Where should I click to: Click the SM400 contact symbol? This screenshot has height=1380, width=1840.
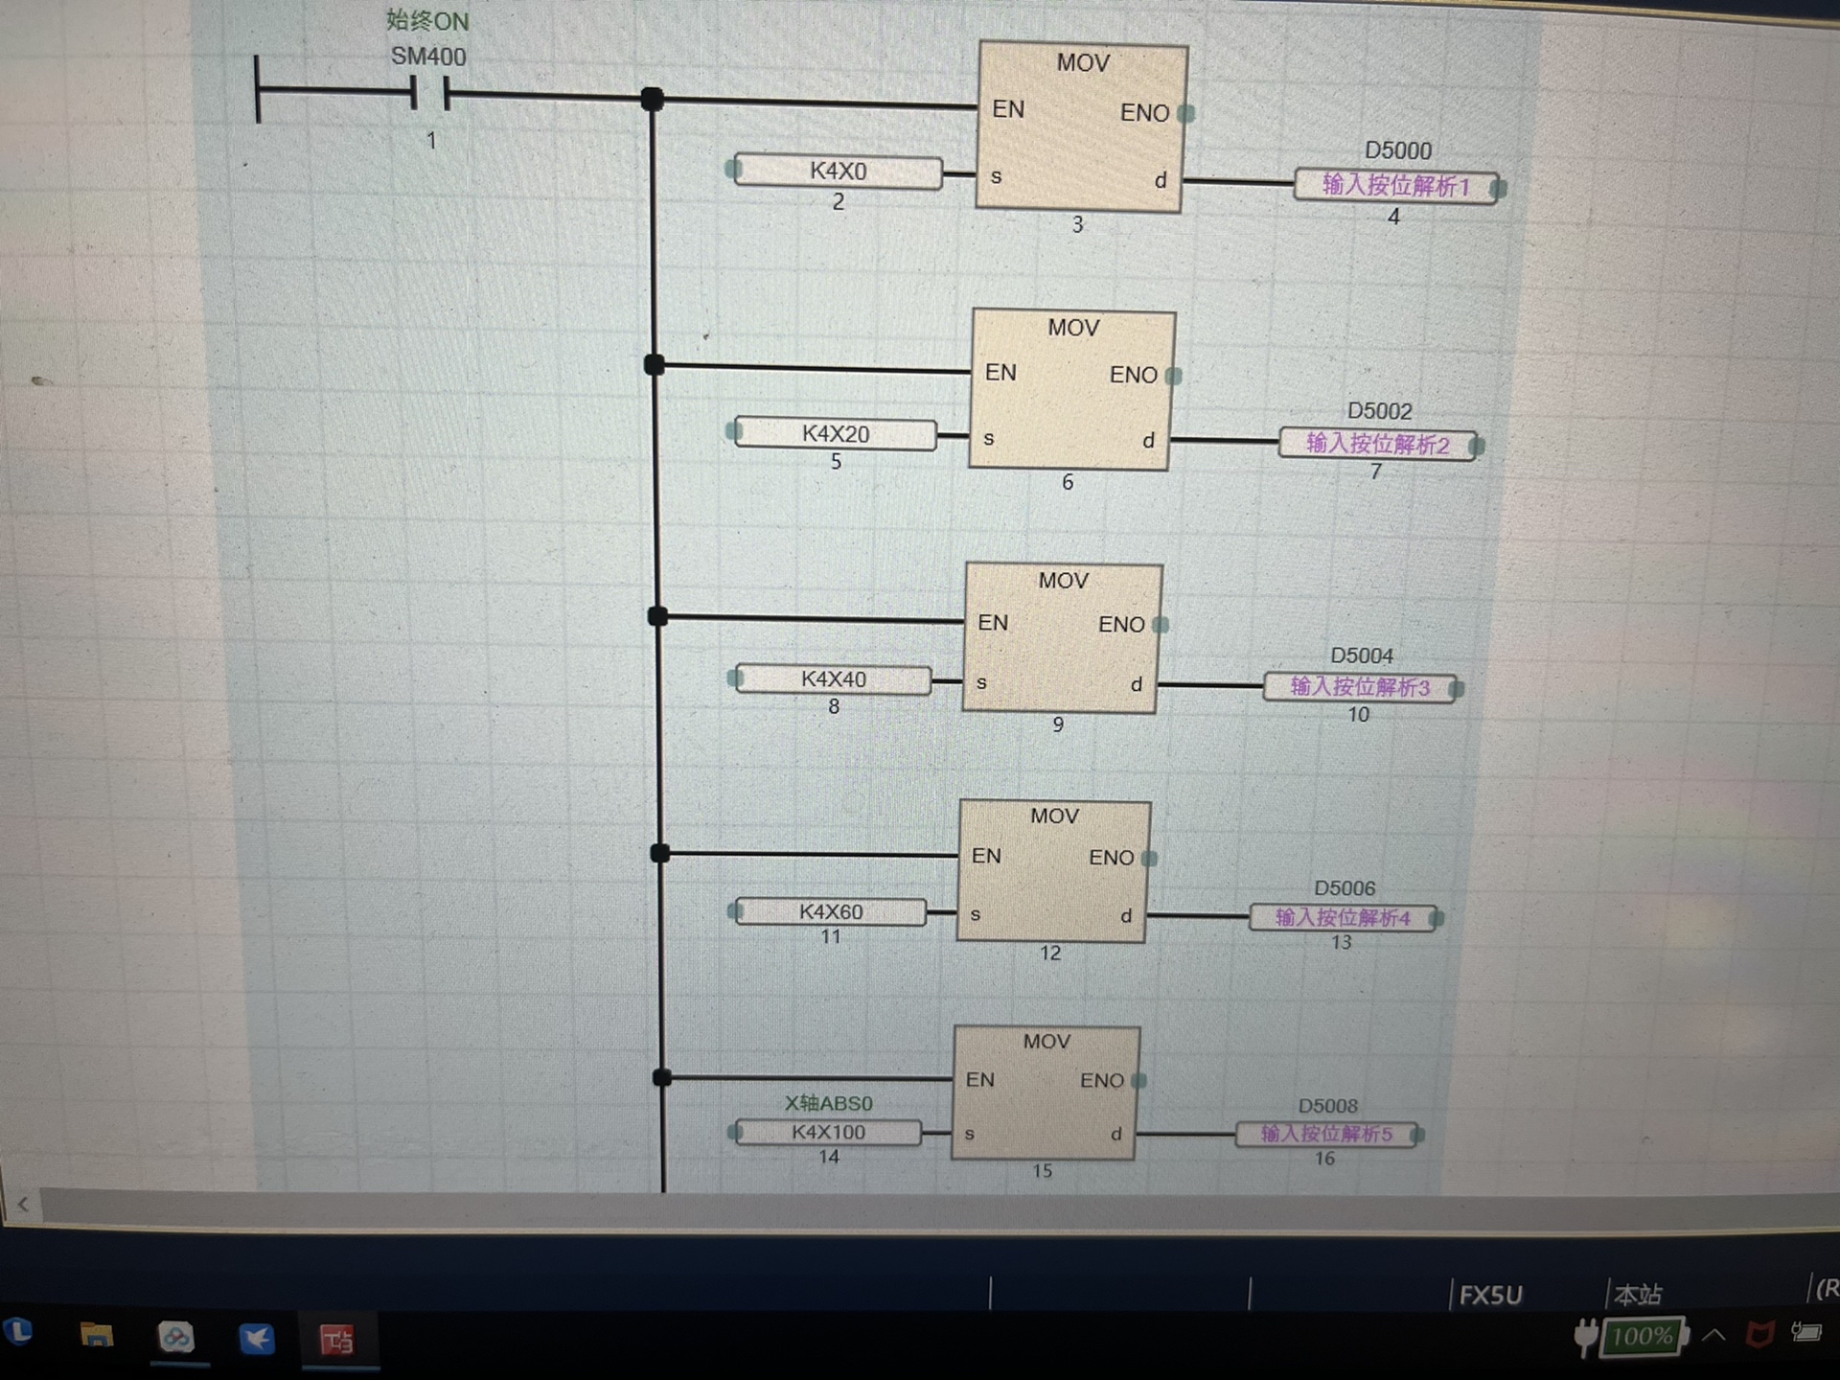pyautogui.click(x=429, y=94)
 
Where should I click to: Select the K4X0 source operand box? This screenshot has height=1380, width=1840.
pyautogui.click(x=838, y=172)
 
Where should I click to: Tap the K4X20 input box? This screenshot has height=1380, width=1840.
pyautogui.click(x=836, y=434)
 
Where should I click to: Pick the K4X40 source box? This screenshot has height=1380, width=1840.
pyautogui.click(x=833, y=679)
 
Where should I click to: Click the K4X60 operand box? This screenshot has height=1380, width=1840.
pyautogui.click(x=830, y=911)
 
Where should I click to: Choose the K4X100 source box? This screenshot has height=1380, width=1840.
pyautogui.click(x=828, y=1133)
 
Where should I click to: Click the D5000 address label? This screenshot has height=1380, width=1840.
pyautogui.click(x=1397, y=151)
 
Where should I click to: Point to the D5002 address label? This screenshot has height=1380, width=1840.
pyautogui.click(x=1379, y=411)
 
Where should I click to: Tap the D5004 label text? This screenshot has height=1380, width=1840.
pyautogui.click(x=1361, y=655)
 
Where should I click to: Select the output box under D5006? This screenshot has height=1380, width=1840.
pyautogui.click(x=1343, y=918)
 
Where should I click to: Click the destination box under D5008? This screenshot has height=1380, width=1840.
pyautogui.click(x=1326, y=1135)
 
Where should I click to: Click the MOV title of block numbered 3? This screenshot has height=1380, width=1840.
pyautogui.click(x=1083, y=63)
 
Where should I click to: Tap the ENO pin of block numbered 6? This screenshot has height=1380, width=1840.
pyautogui.click(x=1134, y=375)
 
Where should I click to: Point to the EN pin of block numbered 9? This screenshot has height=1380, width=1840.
pyautogui.click(x=993, y=623)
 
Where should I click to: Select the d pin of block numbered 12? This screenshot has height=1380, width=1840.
pyautogui.click(x=1126, y=916)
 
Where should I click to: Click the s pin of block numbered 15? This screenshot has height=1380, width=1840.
pyautogui.click(x=970, y=1134)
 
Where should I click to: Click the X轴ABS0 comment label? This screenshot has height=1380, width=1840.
pyautogui.click(x=828, y=1103)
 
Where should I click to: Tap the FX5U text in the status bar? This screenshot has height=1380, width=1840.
pyautogui.click(x=1490, y=1296)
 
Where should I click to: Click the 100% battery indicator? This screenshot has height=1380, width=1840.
pyautogui.click(x=1641, y=1337)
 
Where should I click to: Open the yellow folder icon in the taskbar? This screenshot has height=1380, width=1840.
pyautogui.click(x=97, y=1336)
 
